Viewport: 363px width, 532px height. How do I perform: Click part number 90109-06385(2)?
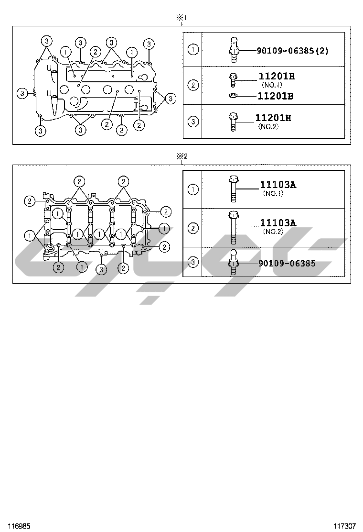[292, 50]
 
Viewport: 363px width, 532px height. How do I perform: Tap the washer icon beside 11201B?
[234, 96]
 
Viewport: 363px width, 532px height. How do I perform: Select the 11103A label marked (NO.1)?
[278, 185]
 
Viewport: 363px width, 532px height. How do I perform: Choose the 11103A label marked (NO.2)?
[278, 222]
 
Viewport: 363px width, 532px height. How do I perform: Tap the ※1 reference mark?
[181, 18]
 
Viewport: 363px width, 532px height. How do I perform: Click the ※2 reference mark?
[181, 156]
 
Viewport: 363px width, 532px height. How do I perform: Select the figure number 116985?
[19, 526]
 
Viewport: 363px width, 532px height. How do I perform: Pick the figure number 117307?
[344, 526]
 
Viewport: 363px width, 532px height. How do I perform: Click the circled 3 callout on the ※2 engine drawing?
[101, 269]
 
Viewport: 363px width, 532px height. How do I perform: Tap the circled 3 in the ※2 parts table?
[193, 262]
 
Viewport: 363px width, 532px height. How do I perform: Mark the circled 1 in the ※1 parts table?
[193, 49]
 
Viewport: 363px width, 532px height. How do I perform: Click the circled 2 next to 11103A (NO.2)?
[193, 228]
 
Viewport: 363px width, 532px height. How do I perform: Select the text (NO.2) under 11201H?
[268, 127]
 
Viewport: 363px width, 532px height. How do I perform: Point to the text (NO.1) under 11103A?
[273, 194]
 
